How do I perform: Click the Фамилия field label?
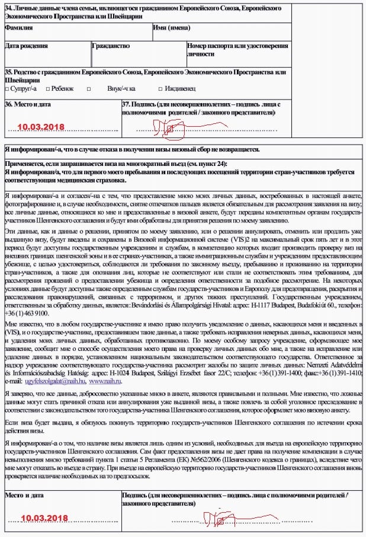point(18,28)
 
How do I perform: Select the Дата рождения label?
point(26,46)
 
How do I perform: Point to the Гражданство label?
point(111,46)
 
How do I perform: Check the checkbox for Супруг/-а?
point(7,89)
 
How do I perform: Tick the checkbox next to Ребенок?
point(47,89)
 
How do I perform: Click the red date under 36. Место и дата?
point(40,127)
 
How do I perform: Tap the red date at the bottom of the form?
point(44,518)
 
